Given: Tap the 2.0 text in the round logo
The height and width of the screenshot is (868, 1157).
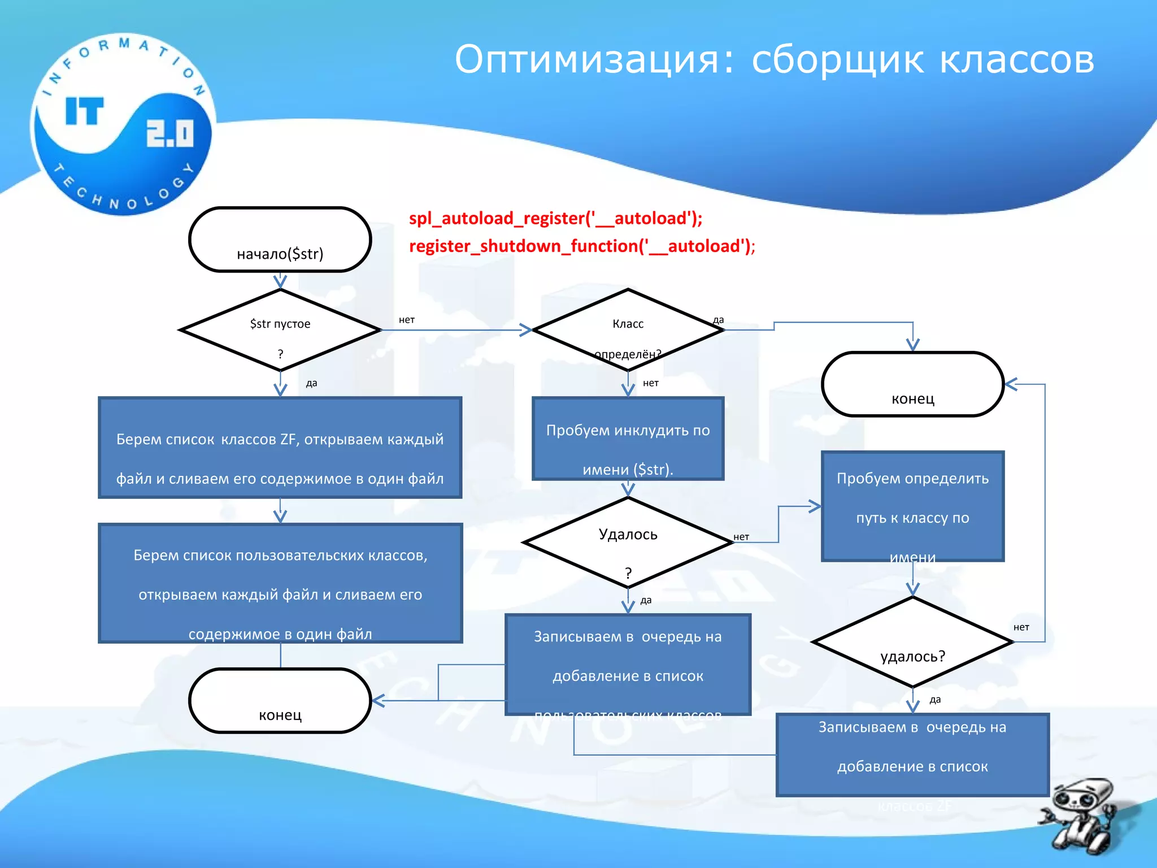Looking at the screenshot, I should point(169,134).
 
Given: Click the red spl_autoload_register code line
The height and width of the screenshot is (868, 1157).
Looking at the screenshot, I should point(555,218).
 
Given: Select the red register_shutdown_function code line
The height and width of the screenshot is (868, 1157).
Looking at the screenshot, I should point(581,246).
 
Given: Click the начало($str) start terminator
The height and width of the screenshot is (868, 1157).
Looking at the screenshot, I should point(280,240).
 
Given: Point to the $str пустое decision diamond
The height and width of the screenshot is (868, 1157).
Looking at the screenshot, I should point(280,331).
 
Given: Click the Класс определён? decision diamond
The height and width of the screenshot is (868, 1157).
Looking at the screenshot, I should point(628,331).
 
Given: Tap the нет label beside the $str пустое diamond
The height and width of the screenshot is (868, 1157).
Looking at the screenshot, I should point(407,320).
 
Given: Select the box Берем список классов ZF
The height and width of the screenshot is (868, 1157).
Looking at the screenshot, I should point(280,448).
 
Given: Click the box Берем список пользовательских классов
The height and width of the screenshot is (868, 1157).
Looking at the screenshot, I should point(280,583).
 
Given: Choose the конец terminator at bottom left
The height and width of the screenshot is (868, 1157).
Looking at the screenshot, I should point(280,701).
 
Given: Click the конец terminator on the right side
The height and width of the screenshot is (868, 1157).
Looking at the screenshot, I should point(912,384).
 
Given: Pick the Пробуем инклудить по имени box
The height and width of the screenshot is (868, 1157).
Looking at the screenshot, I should point(628,439).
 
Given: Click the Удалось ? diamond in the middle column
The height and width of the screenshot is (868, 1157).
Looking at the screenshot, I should point(628,542).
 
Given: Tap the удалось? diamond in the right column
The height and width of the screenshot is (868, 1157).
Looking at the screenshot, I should point(912,643).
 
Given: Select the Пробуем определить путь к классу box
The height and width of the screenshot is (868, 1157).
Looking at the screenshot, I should point(912,506).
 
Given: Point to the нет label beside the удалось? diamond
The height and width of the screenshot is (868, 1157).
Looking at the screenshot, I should point(1021,627).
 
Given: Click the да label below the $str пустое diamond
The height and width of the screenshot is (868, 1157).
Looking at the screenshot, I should point(311,383).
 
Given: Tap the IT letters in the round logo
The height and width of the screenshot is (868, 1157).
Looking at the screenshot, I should point(85,111).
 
